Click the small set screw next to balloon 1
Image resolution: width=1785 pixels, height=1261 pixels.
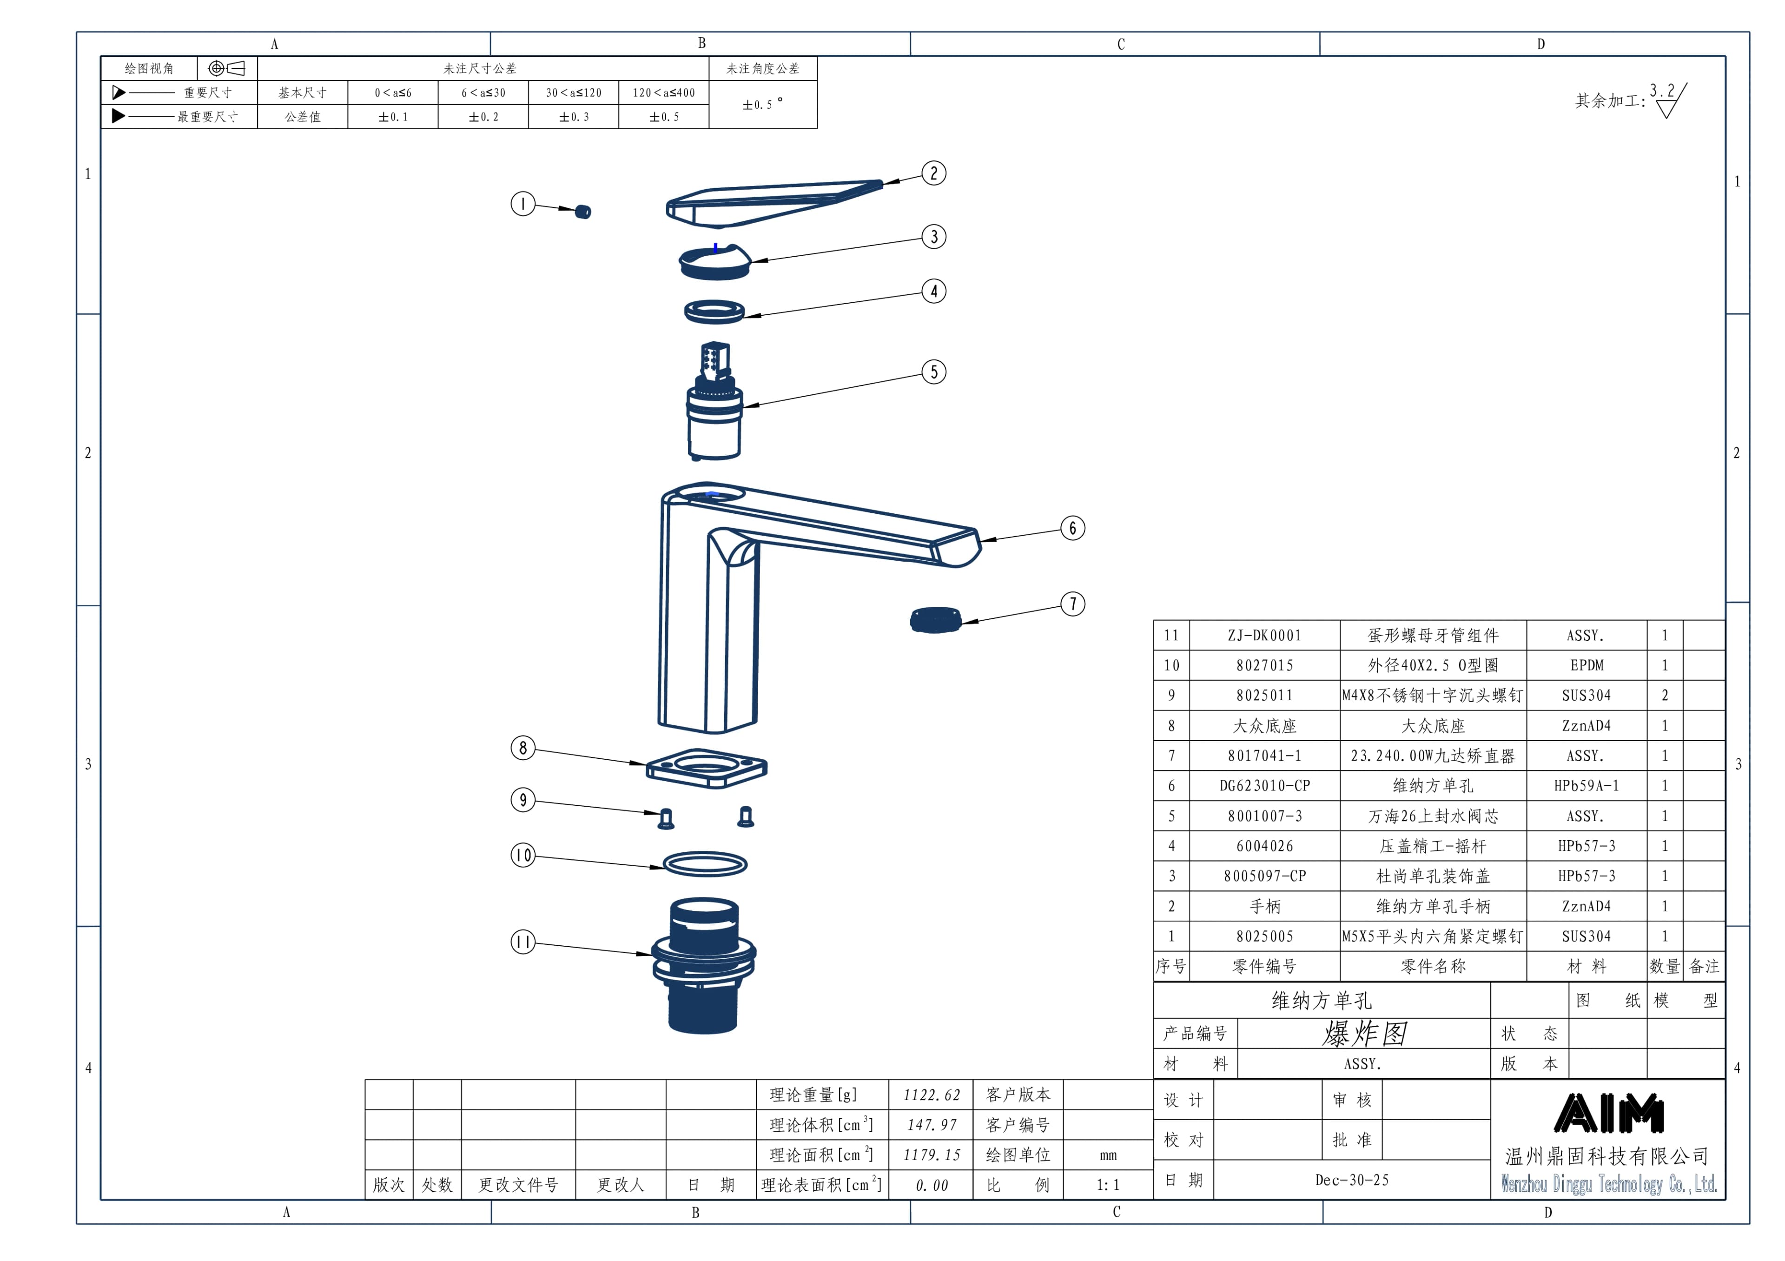[x=583, y=212]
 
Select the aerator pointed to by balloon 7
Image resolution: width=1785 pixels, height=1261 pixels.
[x=935, y=620]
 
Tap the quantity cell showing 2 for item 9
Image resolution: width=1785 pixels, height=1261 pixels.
[x=1665, y=696]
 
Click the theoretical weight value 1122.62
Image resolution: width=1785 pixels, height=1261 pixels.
[x=932, y=1095]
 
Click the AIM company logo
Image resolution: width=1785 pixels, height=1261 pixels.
[x=1608, y=1113]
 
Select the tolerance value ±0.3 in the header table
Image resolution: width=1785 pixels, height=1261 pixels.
[x=574, y=117]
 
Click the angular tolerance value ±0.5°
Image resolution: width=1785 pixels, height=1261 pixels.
[x=762, y=104]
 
